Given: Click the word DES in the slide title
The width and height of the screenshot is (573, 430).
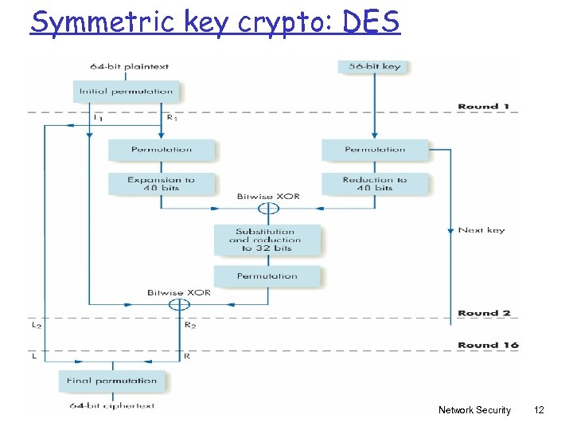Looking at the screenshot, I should [372, 21].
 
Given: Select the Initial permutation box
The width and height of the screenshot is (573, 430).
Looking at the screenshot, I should [126, 91].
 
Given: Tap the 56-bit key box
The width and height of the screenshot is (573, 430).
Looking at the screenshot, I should [374, 66].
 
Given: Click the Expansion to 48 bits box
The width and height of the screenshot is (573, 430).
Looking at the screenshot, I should [162, 184].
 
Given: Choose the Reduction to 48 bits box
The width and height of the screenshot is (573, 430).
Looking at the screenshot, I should [374, 184].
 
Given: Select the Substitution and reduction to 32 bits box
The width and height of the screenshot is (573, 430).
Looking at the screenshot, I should [267, 240].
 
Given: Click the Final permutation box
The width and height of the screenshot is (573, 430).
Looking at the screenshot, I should [111, 381].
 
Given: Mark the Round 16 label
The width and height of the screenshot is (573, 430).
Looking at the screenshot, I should [488, 345].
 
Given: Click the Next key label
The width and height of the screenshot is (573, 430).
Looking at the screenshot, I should [481, 230].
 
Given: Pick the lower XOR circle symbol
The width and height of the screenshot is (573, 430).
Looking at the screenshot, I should [180, 304].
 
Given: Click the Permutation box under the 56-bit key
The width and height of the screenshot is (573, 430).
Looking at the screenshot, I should [374, 149].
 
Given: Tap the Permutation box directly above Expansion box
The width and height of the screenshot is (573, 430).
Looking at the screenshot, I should [162, 149].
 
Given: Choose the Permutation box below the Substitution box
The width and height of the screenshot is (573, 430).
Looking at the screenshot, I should [267, 276].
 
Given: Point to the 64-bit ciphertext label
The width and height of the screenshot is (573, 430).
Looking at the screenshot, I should [111, 406].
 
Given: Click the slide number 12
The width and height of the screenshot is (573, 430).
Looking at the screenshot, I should [539, 410].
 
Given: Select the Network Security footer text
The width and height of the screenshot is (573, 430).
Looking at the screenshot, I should [474, 410].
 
